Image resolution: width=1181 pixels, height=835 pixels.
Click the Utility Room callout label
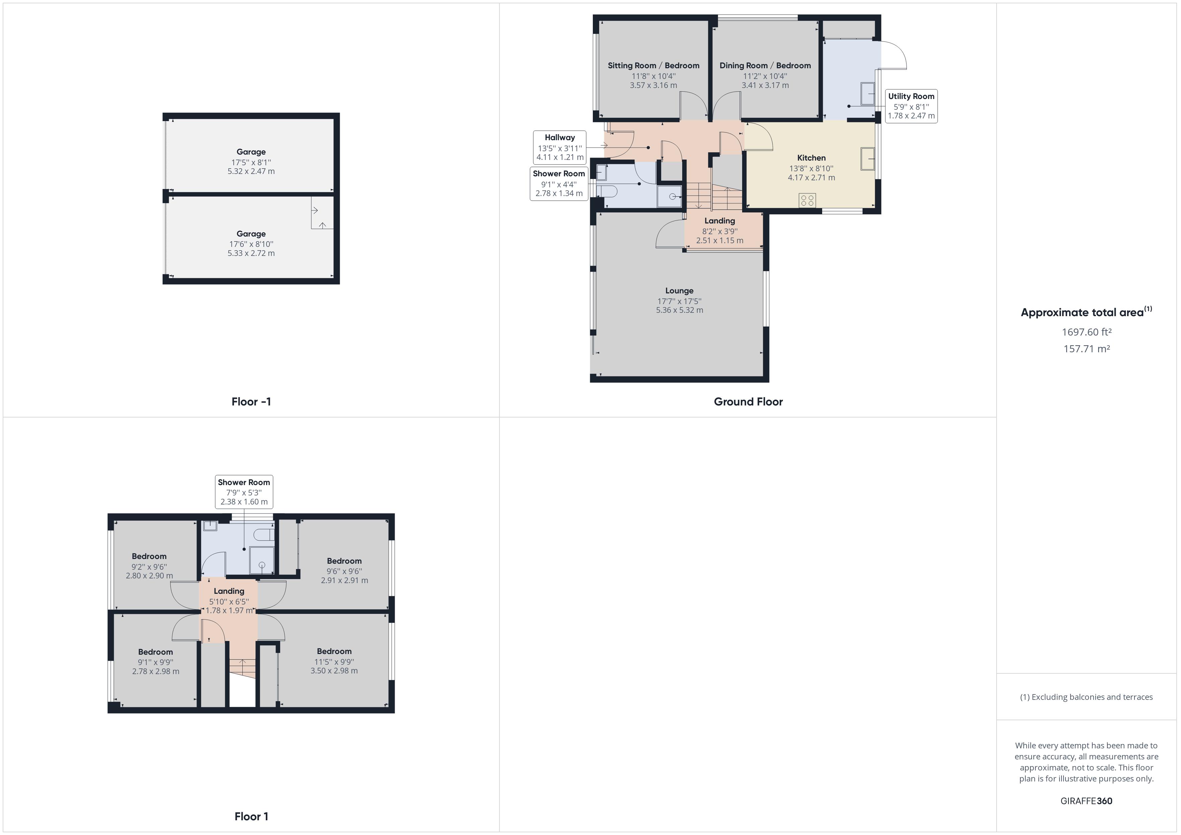coord(911,106)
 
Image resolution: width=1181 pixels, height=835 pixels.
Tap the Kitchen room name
coord(811,158)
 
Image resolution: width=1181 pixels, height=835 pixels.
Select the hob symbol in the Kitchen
coord(807,200)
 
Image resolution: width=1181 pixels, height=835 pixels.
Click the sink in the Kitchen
coord(868,159)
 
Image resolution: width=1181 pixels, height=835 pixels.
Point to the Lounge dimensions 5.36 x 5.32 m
coord(680,310)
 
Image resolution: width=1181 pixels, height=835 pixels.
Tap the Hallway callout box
coord(560,148)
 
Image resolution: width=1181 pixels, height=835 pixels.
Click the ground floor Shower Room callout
coord(559,184)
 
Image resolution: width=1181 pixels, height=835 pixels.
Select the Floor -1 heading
coord(251,401)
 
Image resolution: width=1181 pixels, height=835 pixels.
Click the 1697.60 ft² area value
coord(1086,332)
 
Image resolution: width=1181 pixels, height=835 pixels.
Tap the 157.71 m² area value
coord(1086,349)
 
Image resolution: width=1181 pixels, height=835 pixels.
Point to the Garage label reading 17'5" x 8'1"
coord(251,162)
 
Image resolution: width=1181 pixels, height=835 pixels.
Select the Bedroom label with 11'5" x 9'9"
coord(334,661)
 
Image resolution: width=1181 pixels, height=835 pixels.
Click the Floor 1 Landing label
coord(229,600)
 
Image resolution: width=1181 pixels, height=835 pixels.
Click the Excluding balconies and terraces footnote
coord(1086,697)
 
